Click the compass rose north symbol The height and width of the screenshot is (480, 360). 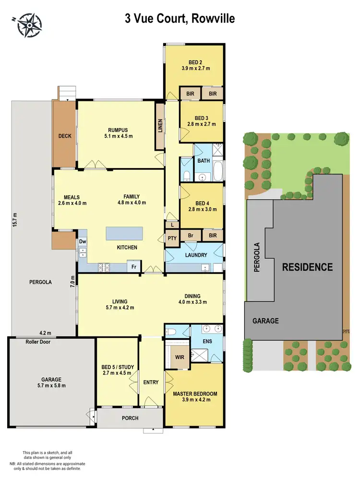(x=29, y=25)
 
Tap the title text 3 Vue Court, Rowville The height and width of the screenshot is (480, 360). (x=180, y=19)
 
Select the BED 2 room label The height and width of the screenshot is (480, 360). (x=194, y=61)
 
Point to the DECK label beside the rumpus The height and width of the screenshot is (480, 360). (x=65, y=136)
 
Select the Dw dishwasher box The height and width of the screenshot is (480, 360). (x=83, y=241)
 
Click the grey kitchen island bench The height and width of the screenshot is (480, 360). (x=125, y=234)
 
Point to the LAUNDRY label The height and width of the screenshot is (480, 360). (x=194, y=255)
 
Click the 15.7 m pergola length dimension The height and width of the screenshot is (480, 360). (x=15, y=222)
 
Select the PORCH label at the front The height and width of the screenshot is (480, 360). (x=130, y=418)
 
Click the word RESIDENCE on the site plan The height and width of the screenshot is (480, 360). (x=307, y=267)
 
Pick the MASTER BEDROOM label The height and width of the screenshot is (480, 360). (x=194, y=394)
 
